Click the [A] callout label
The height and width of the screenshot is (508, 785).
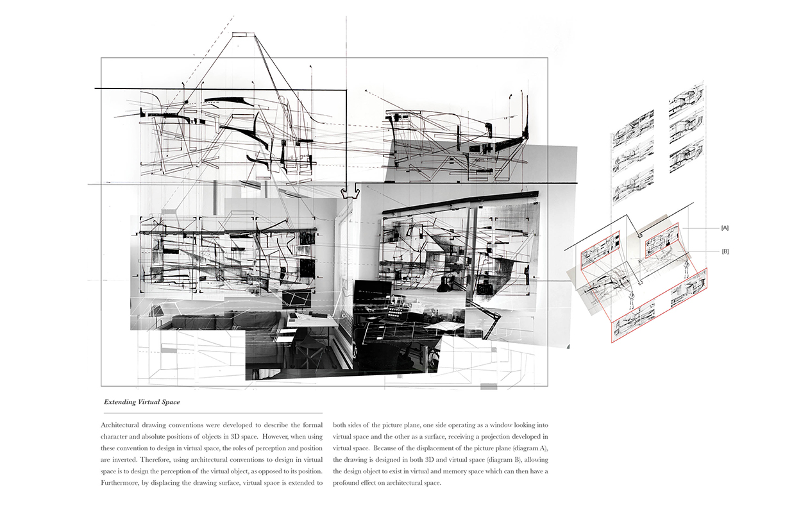(725, 228)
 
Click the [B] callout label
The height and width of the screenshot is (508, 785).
(725, 251)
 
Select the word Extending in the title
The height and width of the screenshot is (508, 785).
(120, 402)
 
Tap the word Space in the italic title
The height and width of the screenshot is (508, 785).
(171, 402)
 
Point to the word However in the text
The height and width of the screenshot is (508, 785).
(274, 437)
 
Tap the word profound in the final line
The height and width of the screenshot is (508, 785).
(345, 483)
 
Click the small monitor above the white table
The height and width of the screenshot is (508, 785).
(296, 300)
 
